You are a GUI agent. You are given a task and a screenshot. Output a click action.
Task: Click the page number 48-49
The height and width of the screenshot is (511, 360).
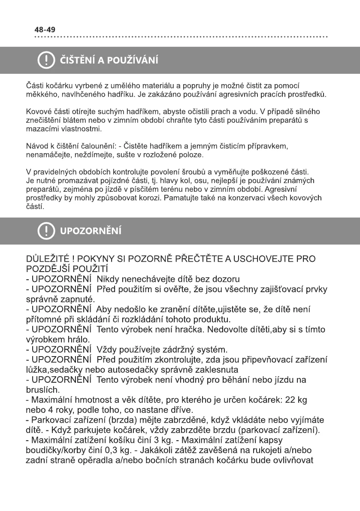coord(45,30)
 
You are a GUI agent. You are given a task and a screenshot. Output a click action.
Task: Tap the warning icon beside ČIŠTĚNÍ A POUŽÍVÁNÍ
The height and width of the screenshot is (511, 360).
coord(45,60)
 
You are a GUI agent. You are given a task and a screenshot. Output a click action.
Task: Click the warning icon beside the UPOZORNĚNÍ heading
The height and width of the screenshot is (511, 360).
coord(45,231)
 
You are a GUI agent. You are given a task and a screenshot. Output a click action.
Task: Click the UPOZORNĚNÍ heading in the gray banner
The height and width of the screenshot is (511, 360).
coord(91,232)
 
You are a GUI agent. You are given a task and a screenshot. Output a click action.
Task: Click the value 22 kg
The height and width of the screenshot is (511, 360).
coord(296,400)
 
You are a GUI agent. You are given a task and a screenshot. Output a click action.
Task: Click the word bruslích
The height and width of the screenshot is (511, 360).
coord(42,390)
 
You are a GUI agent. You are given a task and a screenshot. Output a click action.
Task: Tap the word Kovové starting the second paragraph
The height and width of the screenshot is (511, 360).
coord(38,112)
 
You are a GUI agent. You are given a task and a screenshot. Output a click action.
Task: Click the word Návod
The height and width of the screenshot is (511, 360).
coord(36,146)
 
